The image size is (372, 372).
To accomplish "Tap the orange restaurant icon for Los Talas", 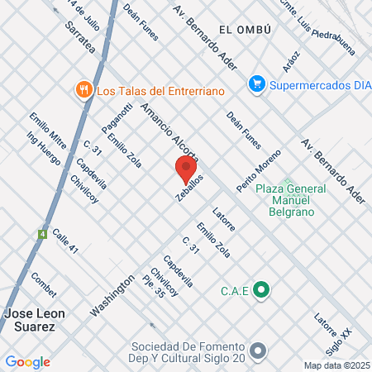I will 83,90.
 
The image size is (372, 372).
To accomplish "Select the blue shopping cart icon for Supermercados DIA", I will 257,83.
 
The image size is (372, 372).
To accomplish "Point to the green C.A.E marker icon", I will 262,289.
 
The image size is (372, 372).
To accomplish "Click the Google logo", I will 27,362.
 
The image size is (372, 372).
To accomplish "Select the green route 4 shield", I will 42,234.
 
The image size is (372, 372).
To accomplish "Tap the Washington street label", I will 112,296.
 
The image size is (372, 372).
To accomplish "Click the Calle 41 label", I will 64,243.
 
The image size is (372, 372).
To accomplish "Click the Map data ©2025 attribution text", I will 336,365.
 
